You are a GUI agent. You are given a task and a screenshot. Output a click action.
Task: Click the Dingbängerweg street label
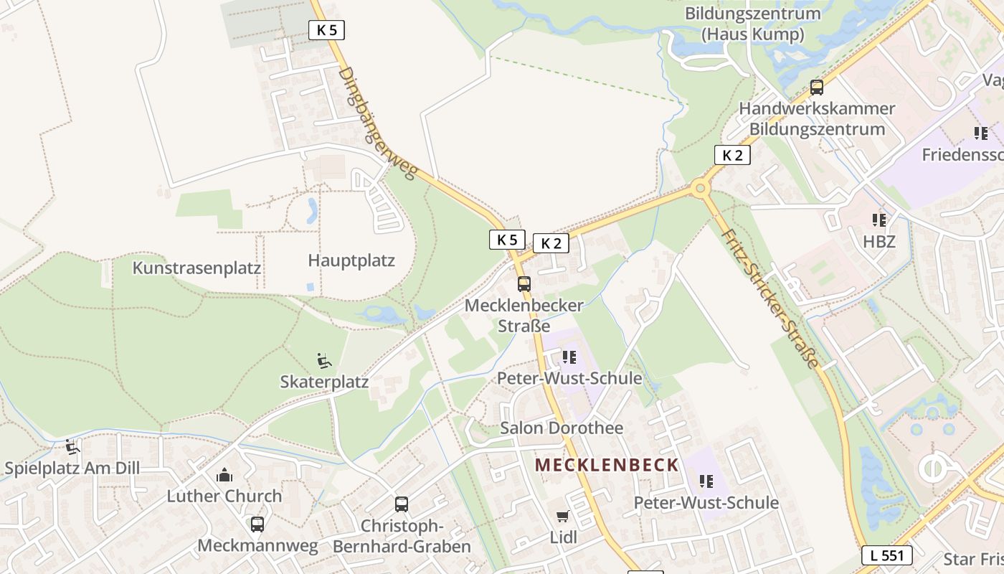(377, 123)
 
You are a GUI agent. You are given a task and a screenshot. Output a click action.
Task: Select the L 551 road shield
(886, 555)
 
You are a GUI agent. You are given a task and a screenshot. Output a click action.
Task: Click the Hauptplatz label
(351, 260)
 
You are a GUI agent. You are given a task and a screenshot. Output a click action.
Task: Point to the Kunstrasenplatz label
(196, 268)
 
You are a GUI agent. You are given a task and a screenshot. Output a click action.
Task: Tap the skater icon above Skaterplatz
(324, 359)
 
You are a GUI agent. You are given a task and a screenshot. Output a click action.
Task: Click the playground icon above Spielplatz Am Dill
(72, 448)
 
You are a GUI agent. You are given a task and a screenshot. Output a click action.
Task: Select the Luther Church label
(224, 496)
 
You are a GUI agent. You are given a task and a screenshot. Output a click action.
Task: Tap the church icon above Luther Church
(224, 475)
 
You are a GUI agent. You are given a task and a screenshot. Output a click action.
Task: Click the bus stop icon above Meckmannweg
(257, 524)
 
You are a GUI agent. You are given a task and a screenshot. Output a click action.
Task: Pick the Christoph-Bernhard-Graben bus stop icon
(402, 504)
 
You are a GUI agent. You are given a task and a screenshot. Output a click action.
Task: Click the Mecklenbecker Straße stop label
(524, 315)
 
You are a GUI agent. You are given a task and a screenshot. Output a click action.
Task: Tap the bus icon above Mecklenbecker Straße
(524, 284)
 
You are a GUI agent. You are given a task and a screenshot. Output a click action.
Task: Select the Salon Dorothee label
(562, 428)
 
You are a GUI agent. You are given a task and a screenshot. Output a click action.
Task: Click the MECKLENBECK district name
(607, 465)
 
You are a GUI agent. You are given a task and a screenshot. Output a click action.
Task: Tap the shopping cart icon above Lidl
(563, 517)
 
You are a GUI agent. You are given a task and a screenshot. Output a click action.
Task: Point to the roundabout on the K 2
(699, 189)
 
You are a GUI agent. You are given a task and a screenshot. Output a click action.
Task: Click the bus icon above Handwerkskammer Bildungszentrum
(816, 88)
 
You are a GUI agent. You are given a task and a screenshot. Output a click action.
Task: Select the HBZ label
(879, 242)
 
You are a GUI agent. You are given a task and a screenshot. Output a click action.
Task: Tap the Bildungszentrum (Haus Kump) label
(752, 23)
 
